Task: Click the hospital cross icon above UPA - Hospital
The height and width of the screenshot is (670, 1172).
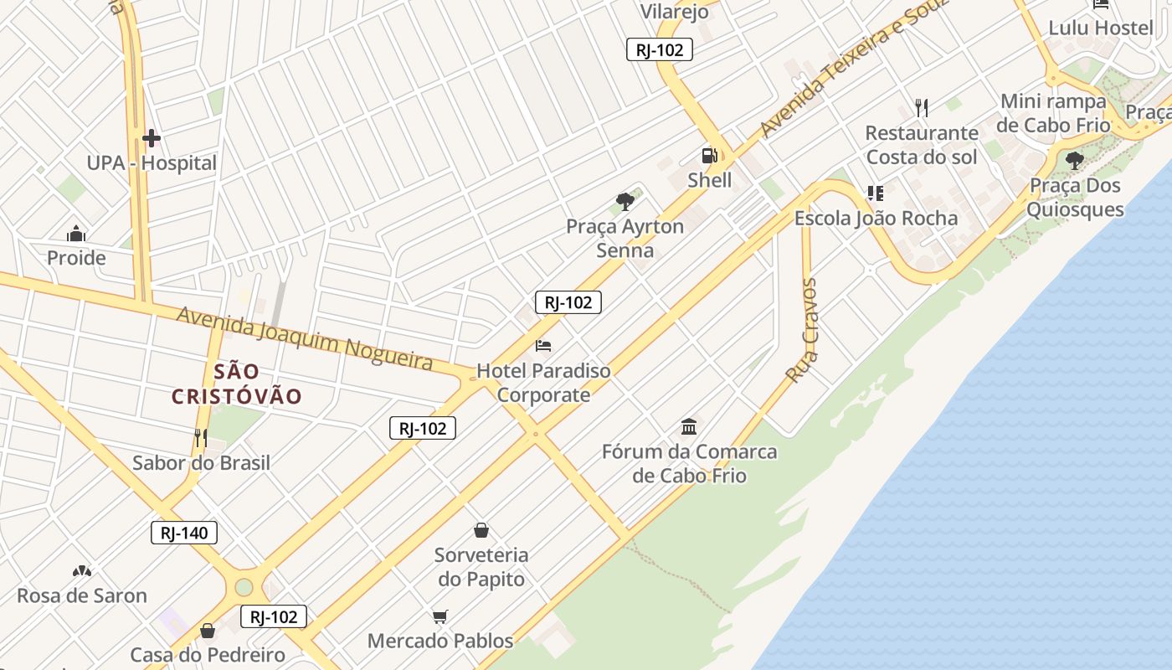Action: coord(152,137)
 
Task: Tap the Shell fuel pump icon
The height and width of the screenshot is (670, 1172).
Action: coord(709,156)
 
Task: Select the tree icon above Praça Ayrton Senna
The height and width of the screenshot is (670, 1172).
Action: coord(625,201)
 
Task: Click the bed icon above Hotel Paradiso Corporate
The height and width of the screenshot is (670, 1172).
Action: coord(543,345)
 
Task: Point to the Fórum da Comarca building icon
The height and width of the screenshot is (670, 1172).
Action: coord(689,427)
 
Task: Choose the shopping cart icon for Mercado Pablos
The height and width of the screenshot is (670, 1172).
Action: coord(440,617)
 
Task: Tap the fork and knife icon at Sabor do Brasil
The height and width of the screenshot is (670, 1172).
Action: coord(201,437)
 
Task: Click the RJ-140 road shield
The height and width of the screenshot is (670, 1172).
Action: coord(184,533)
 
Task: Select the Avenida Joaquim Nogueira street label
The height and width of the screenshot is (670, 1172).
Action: coord(305,338)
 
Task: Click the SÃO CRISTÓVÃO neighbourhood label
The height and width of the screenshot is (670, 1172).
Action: coord(236,384)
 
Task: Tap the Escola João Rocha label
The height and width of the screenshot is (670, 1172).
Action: coord(876,219)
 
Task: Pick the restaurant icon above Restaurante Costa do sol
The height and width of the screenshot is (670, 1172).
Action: coord(922,107)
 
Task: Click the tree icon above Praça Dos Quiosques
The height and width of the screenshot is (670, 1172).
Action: coord(1075,160)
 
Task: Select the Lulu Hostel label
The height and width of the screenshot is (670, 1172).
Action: coord(1101,28)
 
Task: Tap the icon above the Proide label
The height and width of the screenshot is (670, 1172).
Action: coord(76,234)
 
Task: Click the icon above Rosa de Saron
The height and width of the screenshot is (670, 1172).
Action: coord(82,571)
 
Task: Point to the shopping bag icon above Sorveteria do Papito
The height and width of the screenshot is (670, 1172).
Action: coord(481,530)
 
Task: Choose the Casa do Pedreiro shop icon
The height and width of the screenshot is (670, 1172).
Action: coord(208,631)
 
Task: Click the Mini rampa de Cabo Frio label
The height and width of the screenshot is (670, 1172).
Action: coord(1053,113)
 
